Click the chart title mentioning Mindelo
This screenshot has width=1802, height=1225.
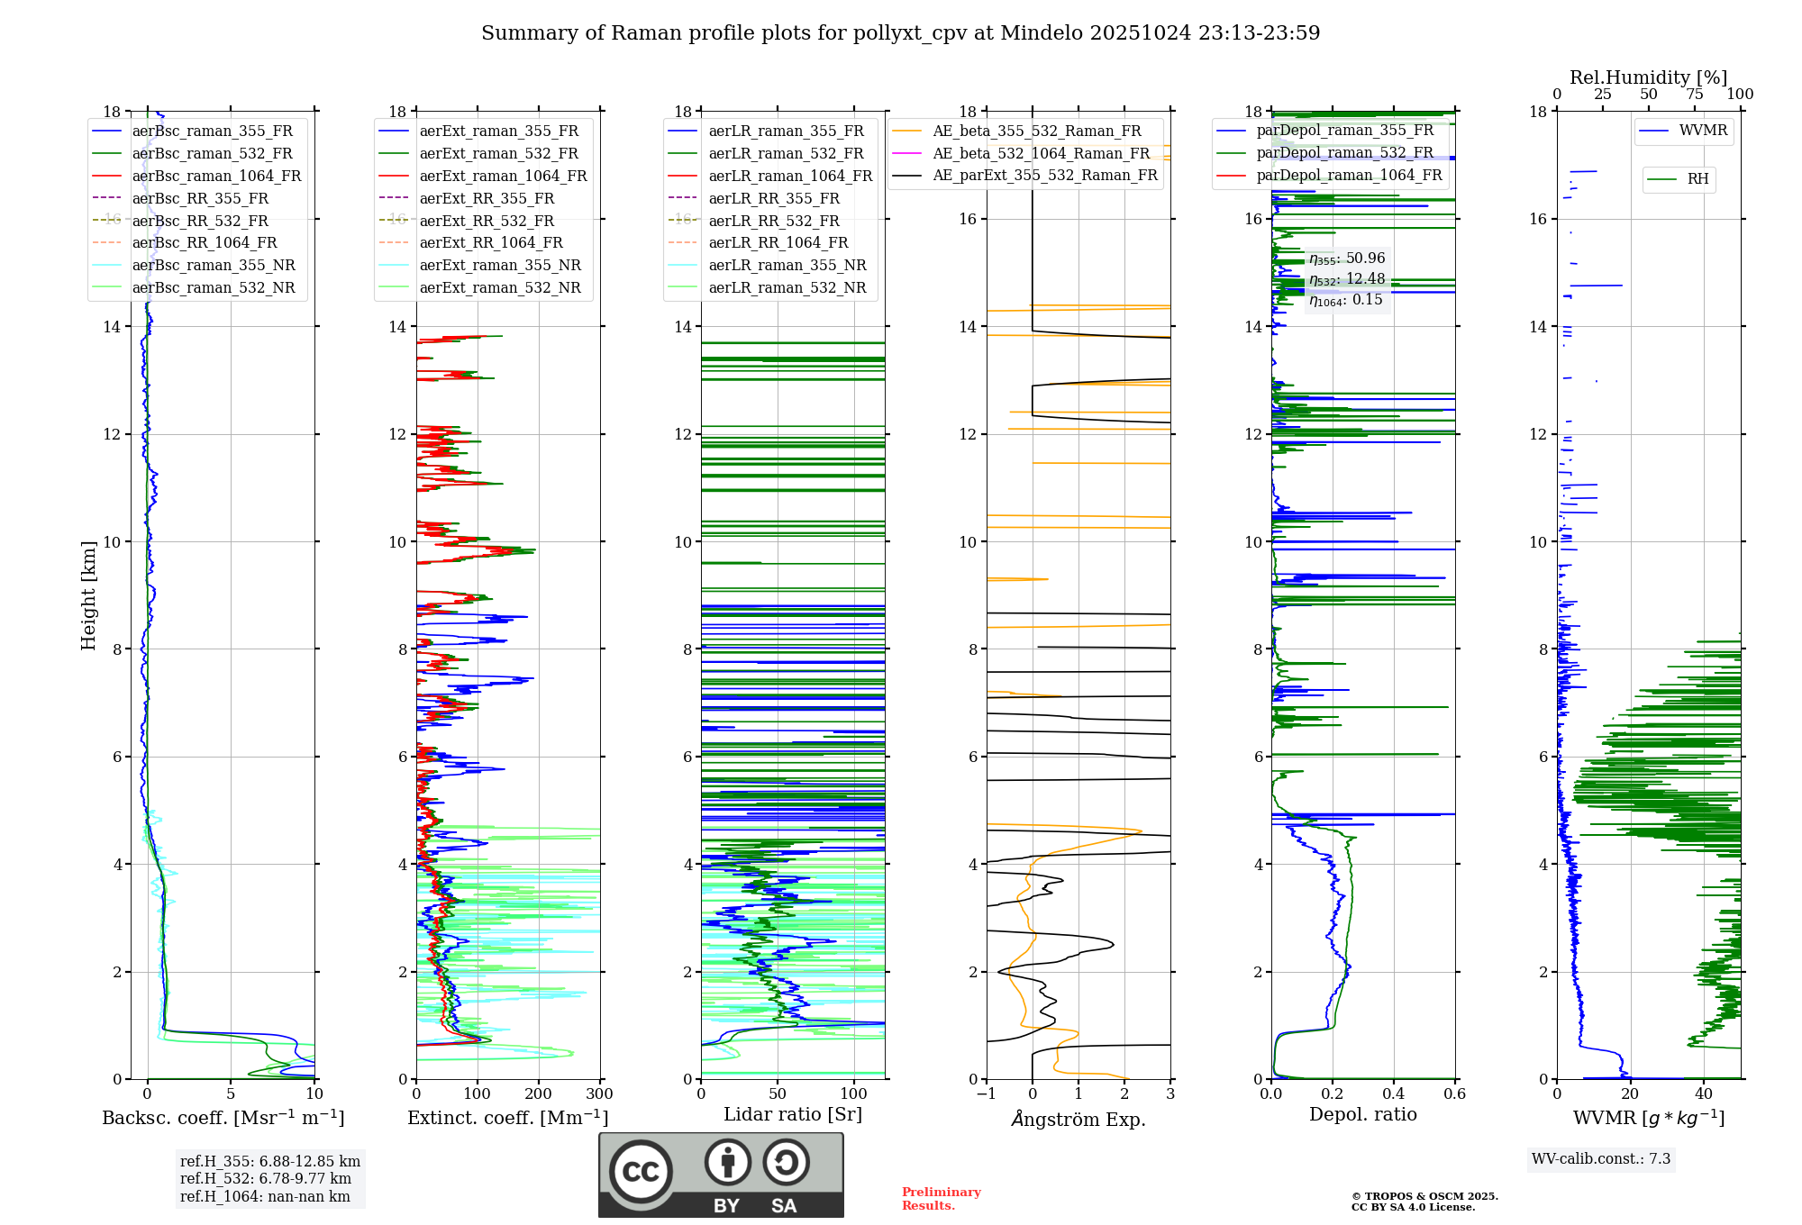tap(900, 33)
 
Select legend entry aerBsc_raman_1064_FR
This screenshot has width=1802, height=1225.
tap(216, 176)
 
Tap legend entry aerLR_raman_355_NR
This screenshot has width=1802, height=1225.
tap(787, 265)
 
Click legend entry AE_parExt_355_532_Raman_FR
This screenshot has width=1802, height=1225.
tap(1045, 175)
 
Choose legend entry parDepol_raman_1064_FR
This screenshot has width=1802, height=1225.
tap(1349, 175)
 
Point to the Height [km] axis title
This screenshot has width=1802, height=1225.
tap(88, 594)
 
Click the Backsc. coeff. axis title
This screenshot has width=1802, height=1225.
tap(223, 1118)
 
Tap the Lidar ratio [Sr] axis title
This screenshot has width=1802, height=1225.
tap(793, 1114)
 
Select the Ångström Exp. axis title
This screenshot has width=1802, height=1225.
tap(1078, 1119)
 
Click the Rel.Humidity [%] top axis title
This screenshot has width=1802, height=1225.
tap(1648, 77)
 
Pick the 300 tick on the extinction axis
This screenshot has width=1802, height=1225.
tap(599, 1094)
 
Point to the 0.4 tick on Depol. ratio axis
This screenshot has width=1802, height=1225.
tap(1394, 1094)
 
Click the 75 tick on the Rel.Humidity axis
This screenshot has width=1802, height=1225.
tap(1694, 95)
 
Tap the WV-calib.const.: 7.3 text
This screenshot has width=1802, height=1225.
tap(1601, 1158)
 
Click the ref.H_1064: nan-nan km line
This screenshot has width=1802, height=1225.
tap(265, 1196)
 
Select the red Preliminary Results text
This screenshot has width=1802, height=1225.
tap(941, 1198)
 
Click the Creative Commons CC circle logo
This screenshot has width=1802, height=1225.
tap(641, 1172)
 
